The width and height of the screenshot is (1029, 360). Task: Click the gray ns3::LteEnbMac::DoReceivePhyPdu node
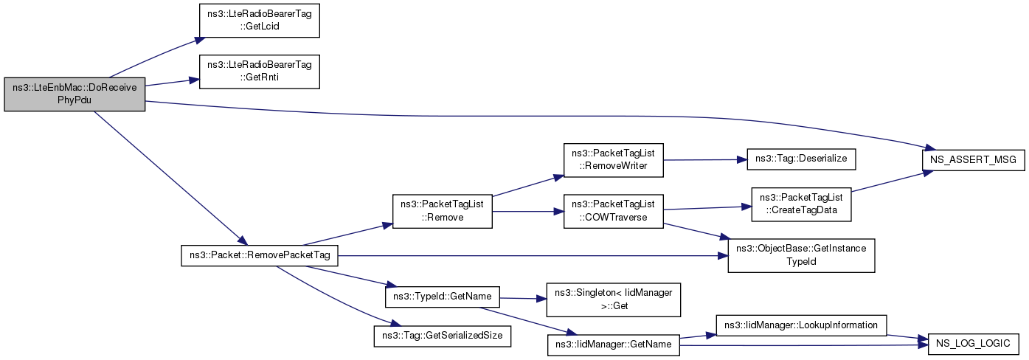pyautogui.click(x=75, y=94)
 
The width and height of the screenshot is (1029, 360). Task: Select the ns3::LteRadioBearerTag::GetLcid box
pyautogui.click(x=259, y=21)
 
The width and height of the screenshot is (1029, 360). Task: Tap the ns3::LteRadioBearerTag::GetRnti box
pyautogui.click(x=259, y=72)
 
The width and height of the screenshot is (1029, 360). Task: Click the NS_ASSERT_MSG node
pyautogui.click(x=974, y=160)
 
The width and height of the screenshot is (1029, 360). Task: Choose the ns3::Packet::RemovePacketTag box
pyautogui.click(x=260, y=255)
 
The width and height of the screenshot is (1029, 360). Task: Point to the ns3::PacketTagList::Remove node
pyautogui.click(x=442, y=211)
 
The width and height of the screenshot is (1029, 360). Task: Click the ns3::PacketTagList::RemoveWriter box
pyautogui.click(x=613, y=160)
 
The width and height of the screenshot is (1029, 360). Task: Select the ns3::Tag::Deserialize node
pyautogui.click(x=801, y=159)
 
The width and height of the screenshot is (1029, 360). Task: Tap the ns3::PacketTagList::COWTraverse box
pyautogui.click(x=613, y=211)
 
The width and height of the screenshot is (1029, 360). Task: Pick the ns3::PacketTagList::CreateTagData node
pyautogui.click(x=801, y=204)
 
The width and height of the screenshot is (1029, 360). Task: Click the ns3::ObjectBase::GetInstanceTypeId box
pyautogui.click(x=801, y=255)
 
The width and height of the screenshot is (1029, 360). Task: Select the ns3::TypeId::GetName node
pyautogui.click(x=442, y=297)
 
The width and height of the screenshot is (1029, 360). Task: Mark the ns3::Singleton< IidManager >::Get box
pyautogui.click(x=613, y=300)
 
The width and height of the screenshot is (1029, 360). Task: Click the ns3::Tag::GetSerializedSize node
pyautogui.click(x=442, y=336)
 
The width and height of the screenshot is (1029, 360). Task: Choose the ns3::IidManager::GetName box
pyautogui.click(x=613, y=345)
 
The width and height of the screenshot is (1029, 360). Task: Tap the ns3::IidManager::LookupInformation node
pyautogui.click(x=801, y=325)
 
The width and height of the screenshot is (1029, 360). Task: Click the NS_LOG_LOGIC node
pyautogui.click(x=974, y=344)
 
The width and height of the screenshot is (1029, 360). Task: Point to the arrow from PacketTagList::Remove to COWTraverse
pyautogui.click(x=528, y=212)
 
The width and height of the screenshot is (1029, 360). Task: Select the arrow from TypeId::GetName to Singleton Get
pyautogui.click(x=523, y=299)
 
